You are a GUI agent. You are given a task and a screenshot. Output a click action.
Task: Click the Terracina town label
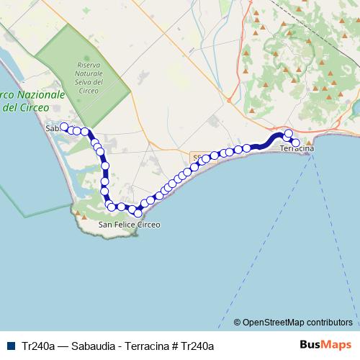pos(297,148)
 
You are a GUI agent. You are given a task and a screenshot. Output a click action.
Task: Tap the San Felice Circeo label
pos(130,225)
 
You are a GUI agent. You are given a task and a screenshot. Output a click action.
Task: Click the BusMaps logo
pos(325,345)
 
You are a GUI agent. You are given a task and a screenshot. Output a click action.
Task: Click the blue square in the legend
pos(12,346)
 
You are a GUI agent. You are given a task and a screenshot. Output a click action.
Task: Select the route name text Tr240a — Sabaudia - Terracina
pos(94,346)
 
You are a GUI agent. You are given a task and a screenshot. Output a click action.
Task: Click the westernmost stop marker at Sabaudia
pos(63,127)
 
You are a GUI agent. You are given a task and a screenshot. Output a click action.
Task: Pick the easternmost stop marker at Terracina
pos(294,143)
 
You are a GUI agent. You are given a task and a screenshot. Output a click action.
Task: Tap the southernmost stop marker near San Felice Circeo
pos(138,213)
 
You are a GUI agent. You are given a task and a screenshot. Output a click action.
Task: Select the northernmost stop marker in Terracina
pos(289,133)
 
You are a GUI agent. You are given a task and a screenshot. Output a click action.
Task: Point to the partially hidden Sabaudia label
pos(51,128)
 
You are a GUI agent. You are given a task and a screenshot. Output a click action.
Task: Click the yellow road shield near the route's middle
pos(198,156)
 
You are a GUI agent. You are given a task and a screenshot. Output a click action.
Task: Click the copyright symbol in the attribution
pos(238,323)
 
